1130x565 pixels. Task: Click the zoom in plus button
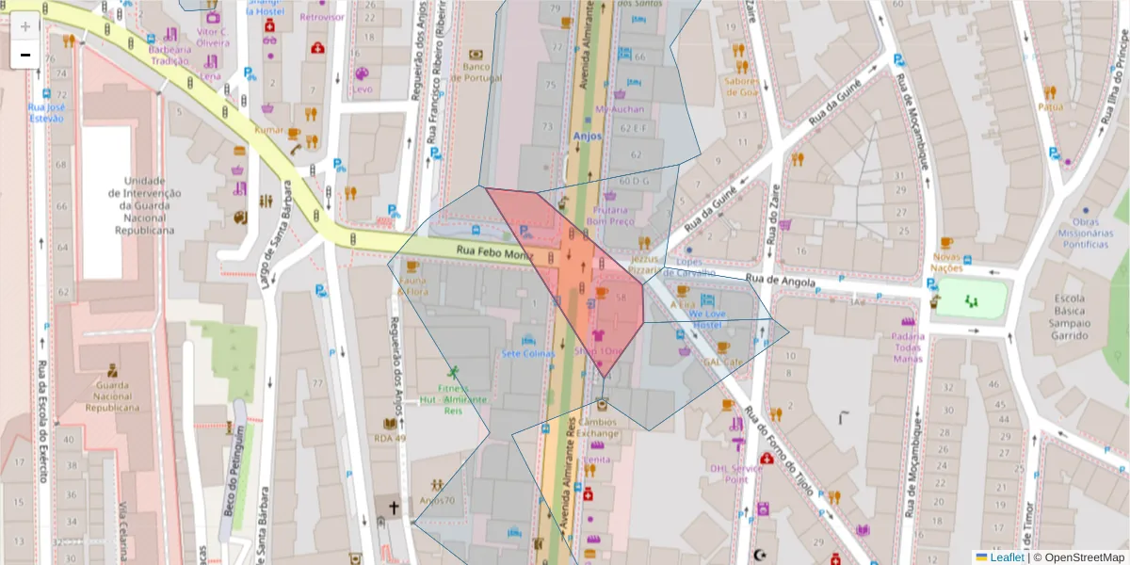click(x=24, y=26)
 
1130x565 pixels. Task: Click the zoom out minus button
click(x=24, y=55)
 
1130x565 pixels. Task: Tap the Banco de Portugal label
click(x=482, y=73)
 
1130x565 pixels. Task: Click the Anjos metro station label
click(x=587, y=136)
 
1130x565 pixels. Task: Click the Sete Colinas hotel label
click(x=528, y=353)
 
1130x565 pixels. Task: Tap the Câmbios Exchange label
click(x=600, y=428)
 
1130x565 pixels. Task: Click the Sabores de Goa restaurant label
click(x=742, y=86)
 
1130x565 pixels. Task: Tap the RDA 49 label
click(x=390, y=438)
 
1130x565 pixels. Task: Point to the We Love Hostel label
click(x=707, y=318)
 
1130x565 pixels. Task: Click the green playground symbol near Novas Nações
click(x=971, y=300)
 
